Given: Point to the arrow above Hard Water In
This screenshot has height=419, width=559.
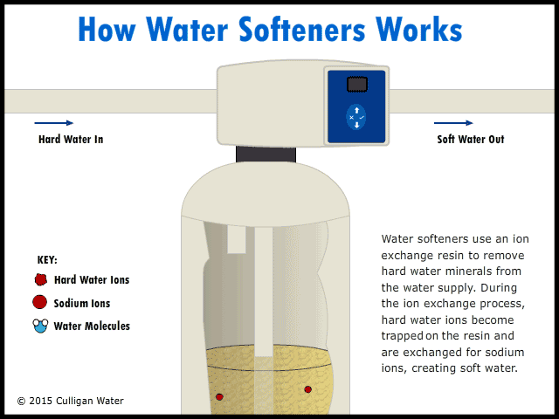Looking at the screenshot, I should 56,123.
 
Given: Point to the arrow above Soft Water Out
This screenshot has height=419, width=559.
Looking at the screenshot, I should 456,123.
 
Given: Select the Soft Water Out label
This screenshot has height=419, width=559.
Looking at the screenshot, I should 470,140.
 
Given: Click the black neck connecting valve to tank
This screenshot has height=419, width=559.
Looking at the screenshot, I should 266,154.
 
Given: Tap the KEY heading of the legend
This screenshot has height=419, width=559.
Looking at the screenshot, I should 48,260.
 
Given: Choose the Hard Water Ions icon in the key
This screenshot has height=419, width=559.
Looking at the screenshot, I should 40,280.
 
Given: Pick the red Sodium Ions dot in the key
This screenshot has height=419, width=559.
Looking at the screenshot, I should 39,303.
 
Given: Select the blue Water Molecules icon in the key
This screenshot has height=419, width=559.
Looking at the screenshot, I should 40,326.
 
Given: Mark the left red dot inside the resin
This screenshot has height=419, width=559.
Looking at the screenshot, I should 220,396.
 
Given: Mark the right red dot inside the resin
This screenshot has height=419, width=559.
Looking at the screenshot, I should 307,388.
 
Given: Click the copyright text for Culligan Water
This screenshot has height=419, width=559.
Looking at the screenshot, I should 71,402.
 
